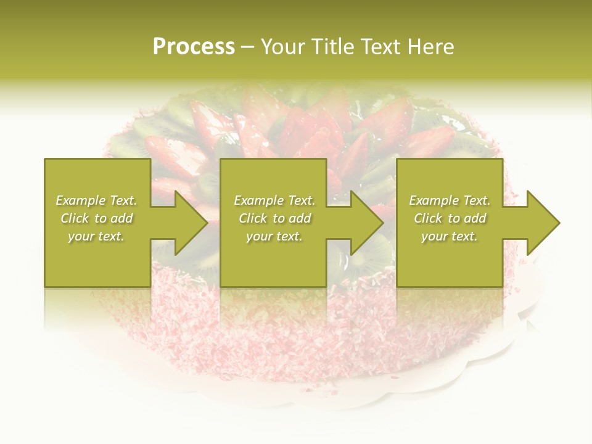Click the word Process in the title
click(194, 47)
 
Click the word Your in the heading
click(282, 47)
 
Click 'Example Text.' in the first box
click(96, 200)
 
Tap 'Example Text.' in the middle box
click(274, 200)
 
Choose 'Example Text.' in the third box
click(450, 200)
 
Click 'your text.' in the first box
click(96, 236)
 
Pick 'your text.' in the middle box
click(274, 236)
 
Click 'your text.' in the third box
click(450, 236)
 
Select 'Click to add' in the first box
click(96, 218)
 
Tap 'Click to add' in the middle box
click(274, 218)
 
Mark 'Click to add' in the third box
click(450, 218)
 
